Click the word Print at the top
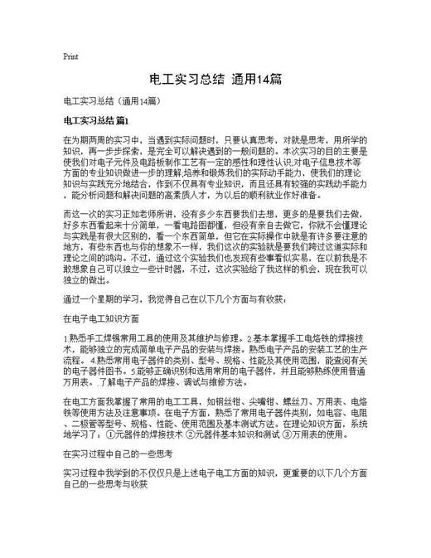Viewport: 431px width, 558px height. pyautogui.click(x=70, y=56)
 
